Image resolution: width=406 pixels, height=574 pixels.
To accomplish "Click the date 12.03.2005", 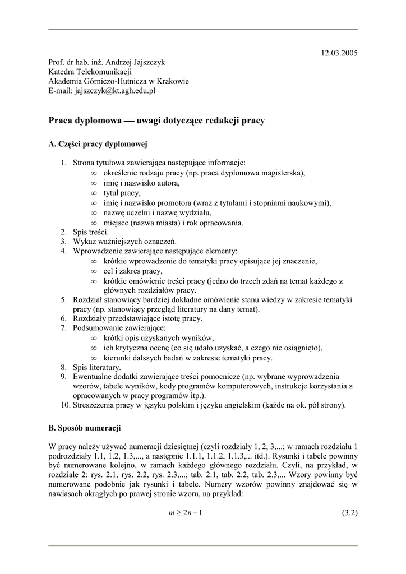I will [339, 53].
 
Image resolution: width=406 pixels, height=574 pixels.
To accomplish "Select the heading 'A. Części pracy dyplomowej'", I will [98, 145].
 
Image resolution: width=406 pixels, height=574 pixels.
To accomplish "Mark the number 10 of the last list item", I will [64, 405].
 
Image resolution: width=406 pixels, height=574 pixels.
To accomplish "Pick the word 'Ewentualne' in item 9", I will [93, 377].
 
